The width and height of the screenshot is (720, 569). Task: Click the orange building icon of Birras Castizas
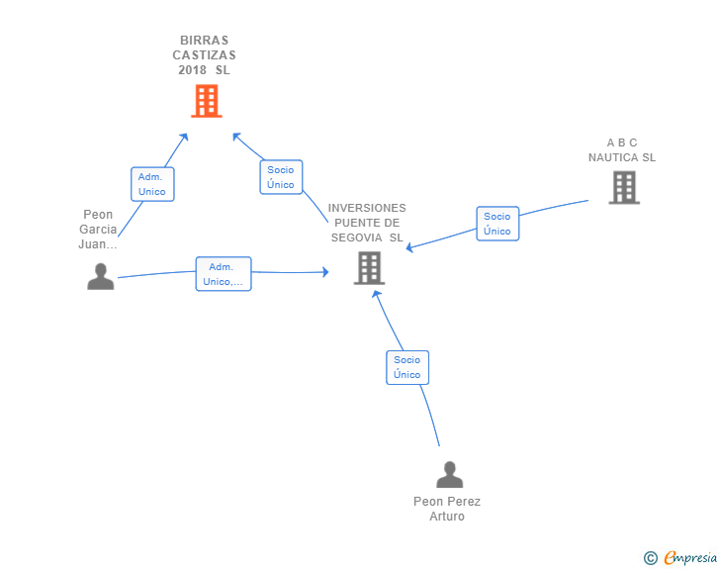[207, 101]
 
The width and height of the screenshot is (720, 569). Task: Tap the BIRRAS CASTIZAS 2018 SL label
[205, 55]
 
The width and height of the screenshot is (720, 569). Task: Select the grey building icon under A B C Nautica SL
[624, 187]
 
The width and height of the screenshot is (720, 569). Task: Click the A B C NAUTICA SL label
[622, 150]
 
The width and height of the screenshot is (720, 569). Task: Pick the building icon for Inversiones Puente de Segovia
[369, 268]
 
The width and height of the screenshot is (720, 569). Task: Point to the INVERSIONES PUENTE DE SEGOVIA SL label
[367, 223]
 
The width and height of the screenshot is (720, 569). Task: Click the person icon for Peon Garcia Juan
[101, 276]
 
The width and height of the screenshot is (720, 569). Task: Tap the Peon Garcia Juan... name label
[98, 230]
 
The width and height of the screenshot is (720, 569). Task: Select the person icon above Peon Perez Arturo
[450, 474]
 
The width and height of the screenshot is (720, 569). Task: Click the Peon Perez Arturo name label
[447, 509]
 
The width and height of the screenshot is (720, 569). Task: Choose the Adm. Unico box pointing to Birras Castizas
[152, 184]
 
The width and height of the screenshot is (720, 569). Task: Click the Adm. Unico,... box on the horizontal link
[224, 274]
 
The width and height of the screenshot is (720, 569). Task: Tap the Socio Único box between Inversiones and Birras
[281, 177]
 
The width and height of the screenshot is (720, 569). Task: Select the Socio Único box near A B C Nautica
[497, 224]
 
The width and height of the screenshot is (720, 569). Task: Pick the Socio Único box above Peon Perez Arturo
[407, 367]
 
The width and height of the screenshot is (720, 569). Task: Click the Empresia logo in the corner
[690, 557]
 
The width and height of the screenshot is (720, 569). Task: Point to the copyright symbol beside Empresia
[651, 558]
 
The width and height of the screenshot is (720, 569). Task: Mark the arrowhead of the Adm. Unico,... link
[326, 272]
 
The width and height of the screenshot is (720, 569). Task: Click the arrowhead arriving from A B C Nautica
[409, 247]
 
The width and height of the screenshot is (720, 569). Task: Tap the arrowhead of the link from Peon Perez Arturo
[376, 295]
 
